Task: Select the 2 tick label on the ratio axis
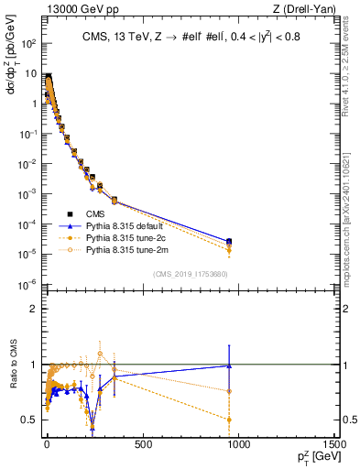(x=34, y=309)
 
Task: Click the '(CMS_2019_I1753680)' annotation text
(x=190, y=273)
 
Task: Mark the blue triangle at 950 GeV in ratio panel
(x=229, y=365)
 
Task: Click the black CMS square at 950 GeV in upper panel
(x=229, y=242)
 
